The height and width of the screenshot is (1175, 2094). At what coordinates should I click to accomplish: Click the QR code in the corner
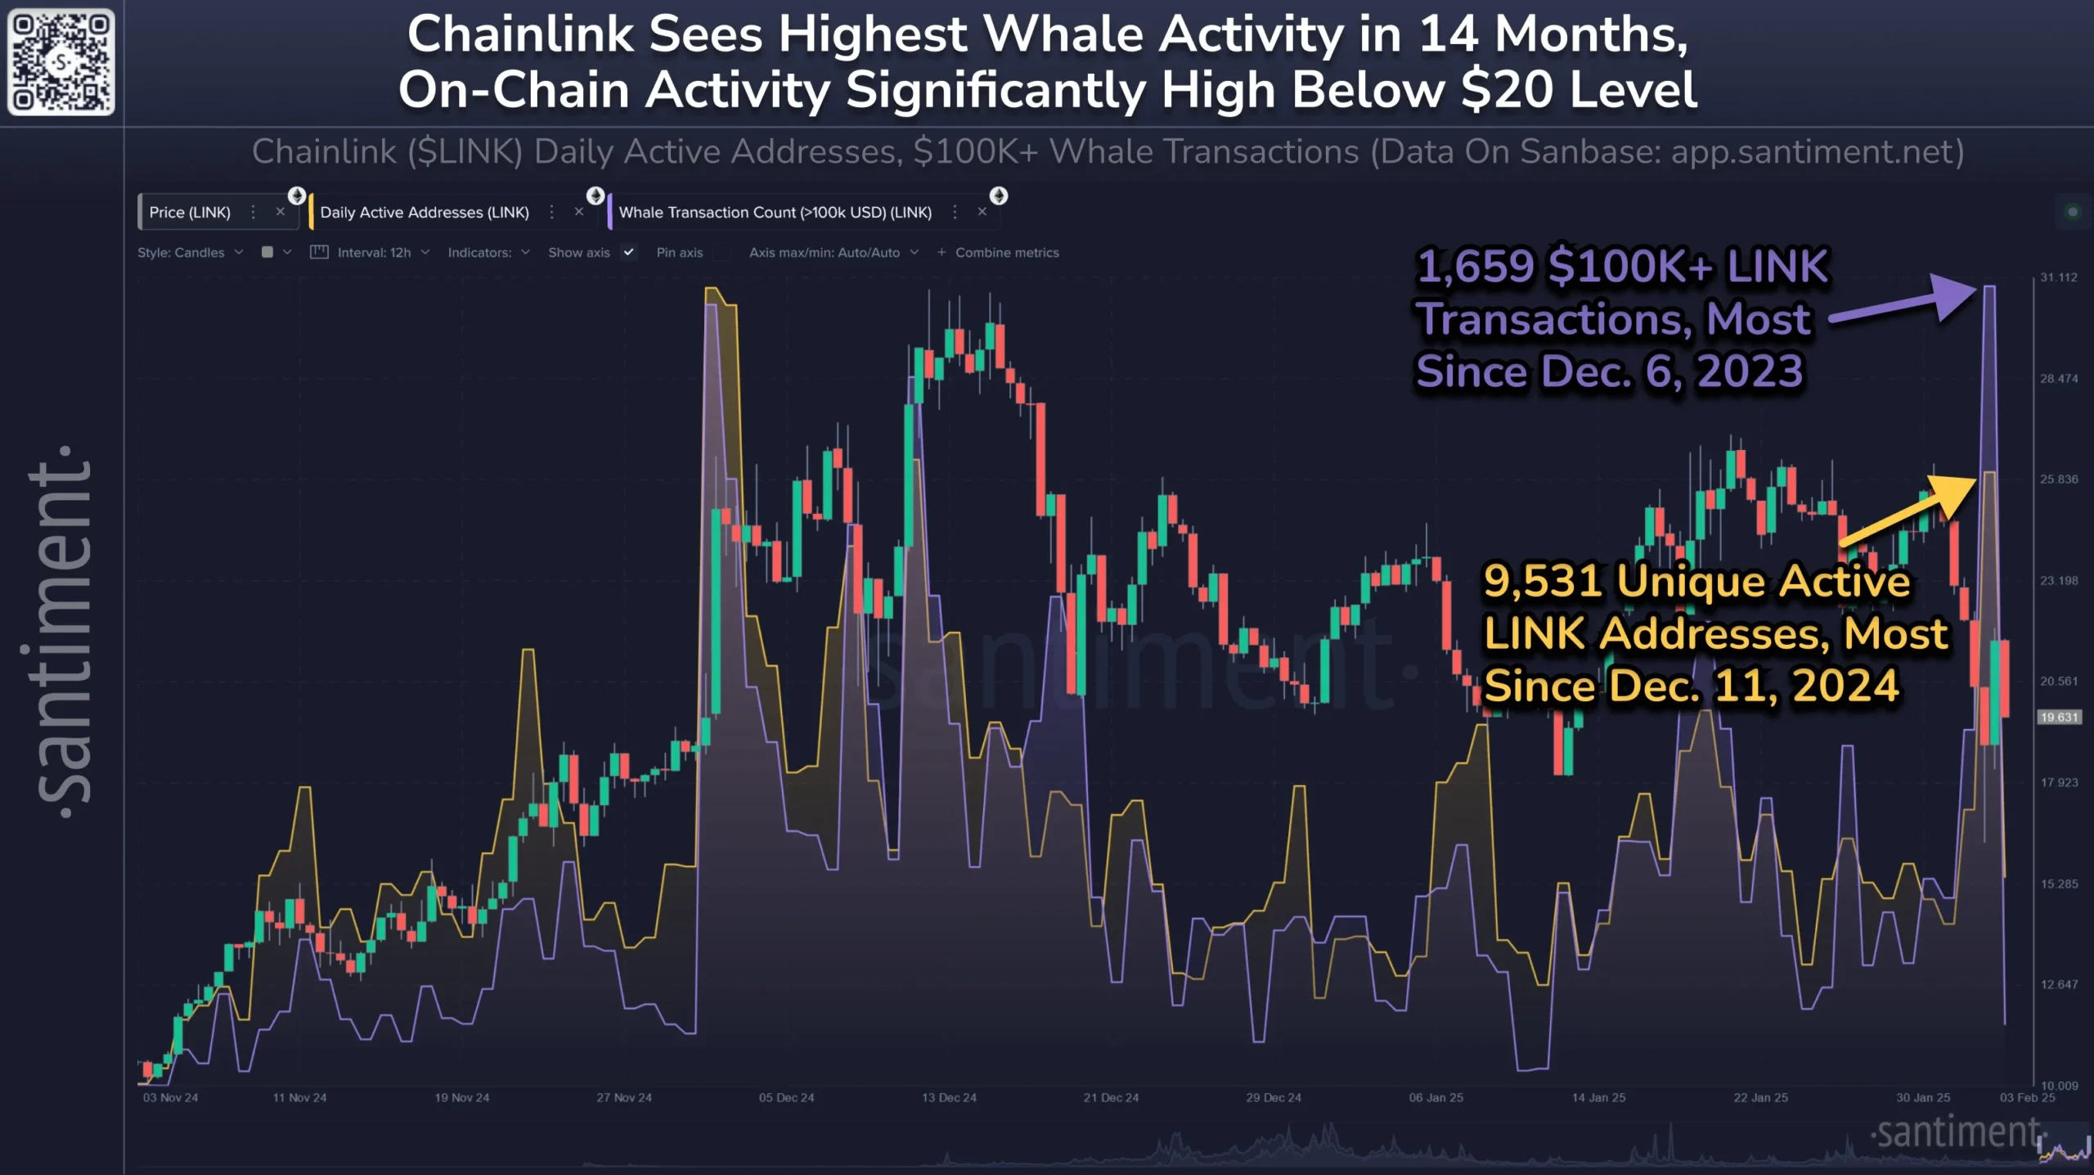coord(61,61)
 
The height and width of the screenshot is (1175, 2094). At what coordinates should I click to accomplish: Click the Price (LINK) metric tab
coord(190,213)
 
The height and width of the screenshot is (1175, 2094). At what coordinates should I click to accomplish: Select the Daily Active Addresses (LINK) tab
coord(425,213)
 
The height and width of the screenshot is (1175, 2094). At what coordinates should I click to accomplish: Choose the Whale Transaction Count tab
coord(775,213)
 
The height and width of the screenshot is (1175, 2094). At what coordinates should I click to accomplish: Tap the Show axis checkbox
coord(628,252)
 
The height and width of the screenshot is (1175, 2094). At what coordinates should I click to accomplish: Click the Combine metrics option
coord(1006,253)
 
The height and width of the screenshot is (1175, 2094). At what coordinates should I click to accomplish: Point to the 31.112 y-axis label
coord(2058,277)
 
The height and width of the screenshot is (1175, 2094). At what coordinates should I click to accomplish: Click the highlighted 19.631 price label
coord(2058,718)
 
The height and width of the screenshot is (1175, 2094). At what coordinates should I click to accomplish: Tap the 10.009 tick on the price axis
coord(2059,1086)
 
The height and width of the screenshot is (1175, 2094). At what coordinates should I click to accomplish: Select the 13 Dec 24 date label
coord(949,1098)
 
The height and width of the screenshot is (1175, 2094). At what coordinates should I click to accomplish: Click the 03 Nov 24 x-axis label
coord(170,1098)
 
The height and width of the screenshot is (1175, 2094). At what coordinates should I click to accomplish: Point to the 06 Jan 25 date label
coord(1436,1098)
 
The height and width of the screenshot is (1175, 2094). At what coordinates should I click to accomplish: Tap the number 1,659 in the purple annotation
coord(1475,267)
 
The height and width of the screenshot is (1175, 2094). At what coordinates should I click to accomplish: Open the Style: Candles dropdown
coord(190,253)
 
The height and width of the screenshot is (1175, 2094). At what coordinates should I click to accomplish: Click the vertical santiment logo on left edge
coord(61,630)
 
